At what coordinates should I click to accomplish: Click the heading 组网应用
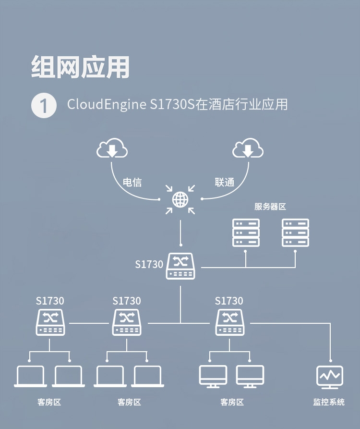click(80, 67)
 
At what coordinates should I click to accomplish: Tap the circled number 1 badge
click(44, 105)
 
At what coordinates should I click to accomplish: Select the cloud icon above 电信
click(112, 149)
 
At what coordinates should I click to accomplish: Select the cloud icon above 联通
click(248, 149)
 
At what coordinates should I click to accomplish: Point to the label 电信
click(132, 182)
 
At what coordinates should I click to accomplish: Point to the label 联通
click(225, 182)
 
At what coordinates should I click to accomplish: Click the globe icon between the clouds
click(180, 199)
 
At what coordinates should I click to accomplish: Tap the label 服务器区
click(270, 207)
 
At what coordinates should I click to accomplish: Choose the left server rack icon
click(246, 233)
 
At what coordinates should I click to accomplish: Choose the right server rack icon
click(295, 233)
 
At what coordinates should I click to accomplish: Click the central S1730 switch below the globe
click(180, 266)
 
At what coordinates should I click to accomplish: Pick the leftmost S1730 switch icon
click(50, 322)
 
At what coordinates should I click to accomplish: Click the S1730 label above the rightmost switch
click(229, 301)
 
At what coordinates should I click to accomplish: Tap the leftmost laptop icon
click(30, 377)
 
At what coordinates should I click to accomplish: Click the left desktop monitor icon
click(213, 377)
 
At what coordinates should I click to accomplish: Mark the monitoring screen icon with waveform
click(330, 377)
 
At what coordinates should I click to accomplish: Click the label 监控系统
click(329, 402)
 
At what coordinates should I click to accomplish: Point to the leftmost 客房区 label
click(49, 402)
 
